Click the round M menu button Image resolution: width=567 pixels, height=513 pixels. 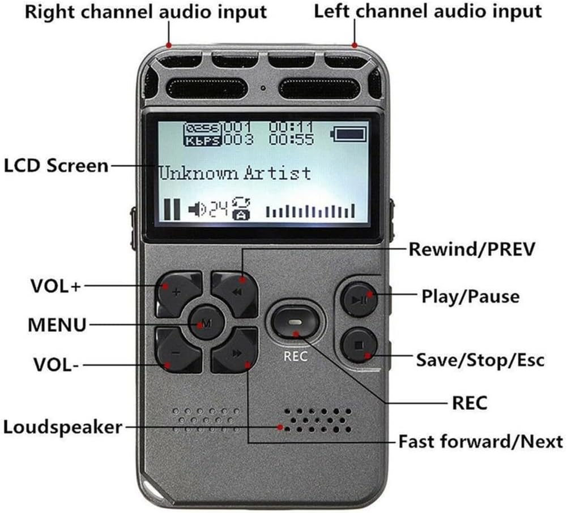(x=204, y=323)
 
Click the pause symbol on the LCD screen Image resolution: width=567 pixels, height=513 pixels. (x=172, y=209)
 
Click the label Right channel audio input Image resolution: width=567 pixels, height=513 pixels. (x=146, y=11)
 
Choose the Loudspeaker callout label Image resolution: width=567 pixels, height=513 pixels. (x=63, y=426)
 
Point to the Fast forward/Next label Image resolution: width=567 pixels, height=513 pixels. (x=480, y=441)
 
